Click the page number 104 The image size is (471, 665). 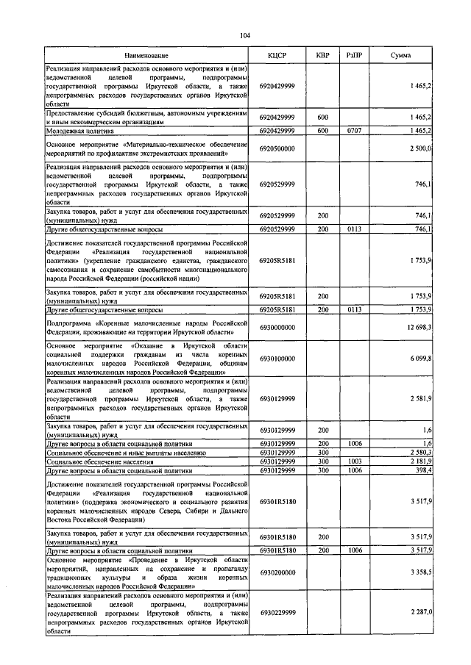pos(245,35)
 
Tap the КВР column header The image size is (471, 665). pos(322,56)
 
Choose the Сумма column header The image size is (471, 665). pos(400,56)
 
